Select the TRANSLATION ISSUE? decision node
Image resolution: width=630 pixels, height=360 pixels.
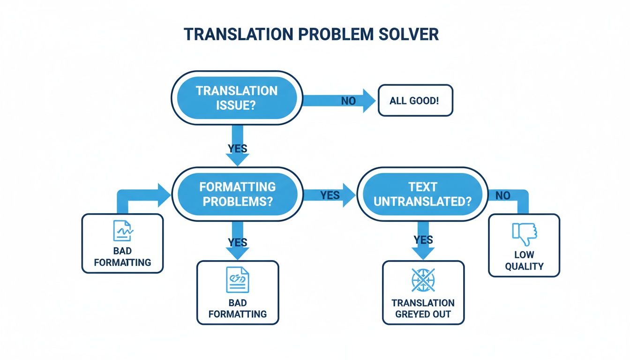coord(237,97)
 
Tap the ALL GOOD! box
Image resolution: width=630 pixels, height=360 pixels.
coord(415,100)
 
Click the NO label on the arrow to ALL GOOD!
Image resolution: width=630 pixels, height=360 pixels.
coord(348,101)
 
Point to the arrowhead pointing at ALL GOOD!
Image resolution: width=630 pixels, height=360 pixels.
coord(369,101)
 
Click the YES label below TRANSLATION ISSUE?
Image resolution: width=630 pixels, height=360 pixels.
coord(237,149)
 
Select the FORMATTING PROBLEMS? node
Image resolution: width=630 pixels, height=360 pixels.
coord(237,194)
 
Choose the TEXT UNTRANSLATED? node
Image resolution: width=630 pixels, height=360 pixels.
coord(422,194)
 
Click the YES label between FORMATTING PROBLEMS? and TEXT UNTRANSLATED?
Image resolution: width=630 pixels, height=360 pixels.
coord(330,195)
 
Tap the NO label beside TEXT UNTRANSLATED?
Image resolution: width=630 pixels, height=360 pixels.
coord(502,195)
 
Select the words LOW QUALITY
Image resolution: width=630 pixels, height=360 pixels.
coord(524,261)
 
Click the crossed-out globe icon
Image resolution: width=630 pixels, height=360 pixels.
coord(423,280)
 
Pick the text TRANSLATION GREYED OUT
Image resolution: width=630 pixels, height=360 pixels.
coord(423,308)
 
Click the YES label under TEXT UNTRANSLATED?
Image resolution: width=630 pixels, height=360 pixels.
coord(423,240)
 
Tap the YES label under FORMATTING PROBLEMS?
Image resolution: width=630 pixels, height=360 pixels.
coord(237,242)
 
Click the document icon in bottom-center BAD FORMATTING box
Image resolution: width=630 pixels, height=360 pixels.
coord(237,280)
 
